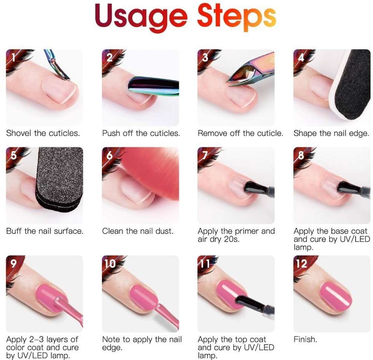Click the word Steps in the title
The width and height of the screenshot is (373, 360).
click(x=237, y=17)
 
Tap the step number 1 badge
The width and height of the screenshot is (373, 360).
click(x=13, y=57)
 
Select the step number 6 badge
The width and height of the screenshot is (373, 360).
click(x=109, y=155)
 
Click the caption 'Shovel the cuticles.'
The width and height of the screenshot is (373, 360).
click(x=43, y=133)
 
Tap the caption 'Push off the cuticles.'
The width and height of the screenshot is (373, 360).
click(x=141, y=133)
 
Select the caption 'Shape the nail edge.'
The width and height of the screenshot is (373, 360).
click(x=331, y=133)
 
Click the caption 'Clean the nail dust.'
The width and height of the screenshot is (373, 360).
click(x=138, y=231)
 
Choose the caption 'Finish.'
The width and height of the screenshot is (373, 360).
click(x=306, y=339)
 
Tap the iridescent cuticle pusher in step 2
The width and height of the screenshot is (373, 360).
click(x=154, y=86)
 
